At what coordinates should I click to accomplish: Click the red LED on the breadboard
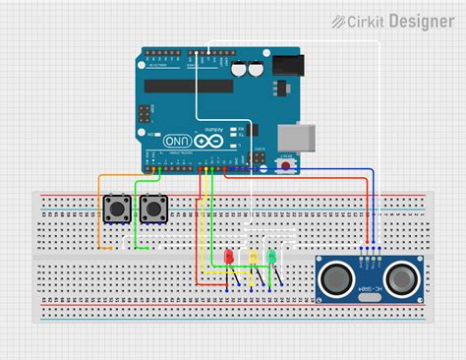pyautogui.click(x=229, y=257)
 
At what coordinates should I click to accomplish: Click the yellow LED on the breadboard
pyautogui.click(x=254, y=257)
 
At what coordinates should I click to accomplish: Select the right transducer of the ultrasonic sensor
pyautogui.click(x=400, y=276)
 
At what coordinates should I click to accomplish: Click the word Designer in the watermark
pyautogui.click(x=420, y=20)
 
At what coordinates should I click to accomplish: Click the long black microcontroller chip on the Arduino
pyautogui.click(x=189, y=85)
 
